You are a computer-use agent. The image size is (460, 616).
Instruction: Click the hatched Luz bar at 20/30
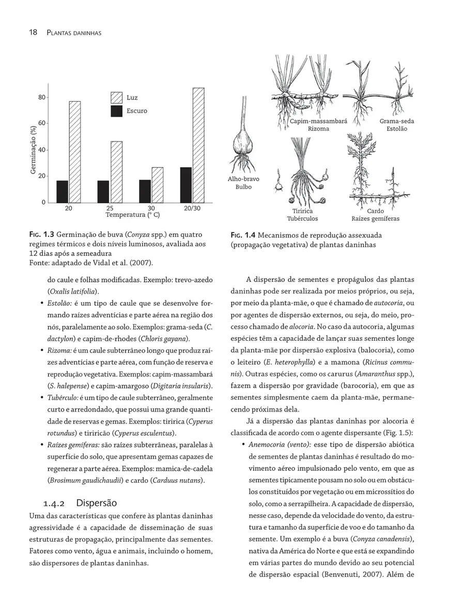click(x=198, y=145)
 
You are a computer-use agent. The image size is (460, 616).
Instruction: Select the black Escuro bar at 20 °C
click(x=62, y=192)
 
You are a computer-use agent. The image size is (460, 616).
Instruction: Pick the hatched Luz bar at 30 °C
click(x=157, y=185)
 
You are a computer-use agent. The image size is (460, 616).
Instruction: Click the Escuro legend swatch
click(x=117, y=111)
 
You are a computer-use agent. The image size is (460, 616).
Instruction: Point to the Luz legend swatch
click(x=117, y=98)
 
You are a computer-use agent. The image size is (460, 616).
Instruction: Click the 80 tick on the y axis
click(x=42, y=97)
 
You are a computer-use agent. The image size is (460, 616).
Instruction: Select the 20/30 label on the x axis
click(x=192, y=209)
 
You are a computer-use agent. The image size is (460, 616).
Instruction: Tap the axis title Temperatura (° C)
click(x=132, y=215)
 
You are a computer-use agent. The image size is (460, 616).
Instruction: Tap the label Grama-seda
click(x=396, y=121)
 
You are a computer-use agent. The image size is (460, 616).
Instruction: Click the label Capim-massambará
click(x=318, y=121)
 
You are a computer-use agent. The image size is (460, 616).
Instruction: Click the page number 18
click(x=33, y=33)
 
